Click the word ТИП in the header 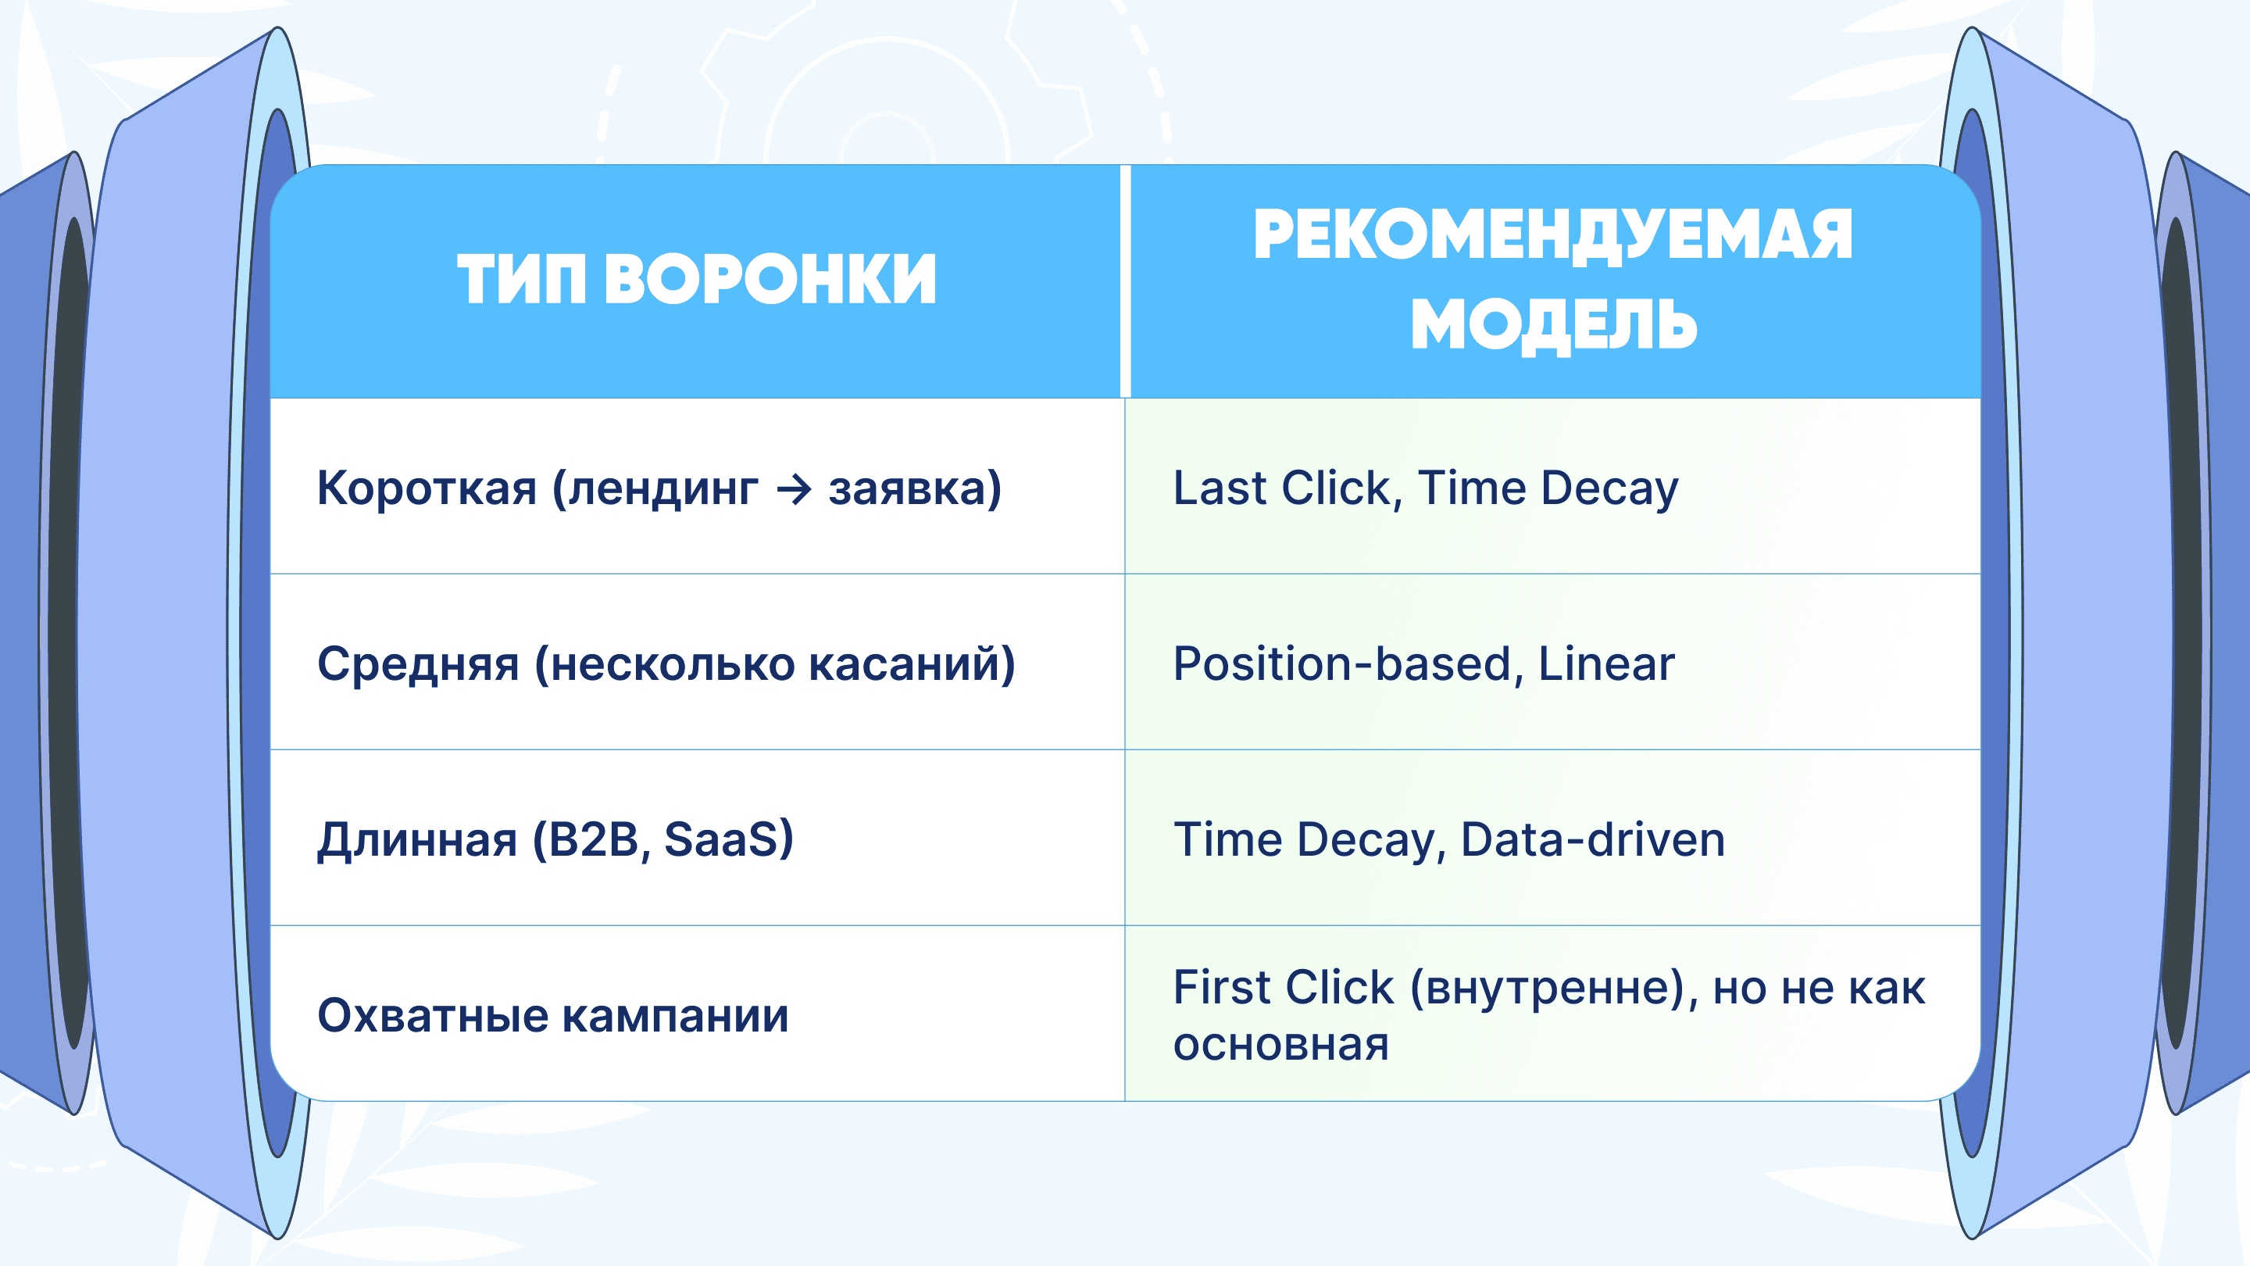pyautogui.click(x=520, y=280)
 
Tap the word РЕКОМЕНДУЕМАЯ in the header pyautogui.click(x=1553, y=235)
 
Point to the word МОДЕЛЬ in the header pyautogui.click(x=1554, y=324)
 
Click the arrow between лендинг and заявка pyautogui.click(x=794, y=488)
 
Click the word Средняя pyautogui.click(x=417, y=663)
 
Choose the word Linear pyautogui.click(x=1606, y=663)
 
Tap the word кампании pyautogui.click(x=675, y=1015)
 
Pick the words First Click pyautogui.click(x=1283, y=987)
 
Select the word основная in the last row pyautogui.click(x=1280, y=1044)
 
